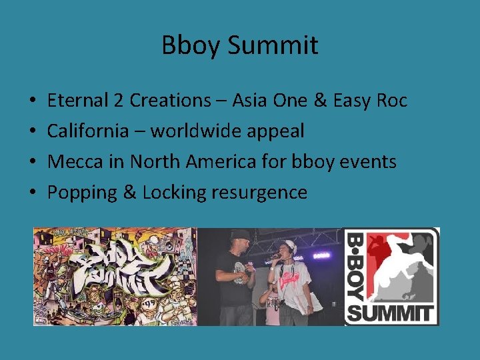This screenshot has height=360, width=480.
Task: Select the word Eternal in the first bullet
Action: tap(77, 101)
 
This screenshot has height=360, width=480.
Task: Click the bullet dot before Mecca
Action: tap(33, 162)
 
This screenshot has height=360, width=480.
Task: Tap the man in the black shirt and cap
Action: tap(235, 280)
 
